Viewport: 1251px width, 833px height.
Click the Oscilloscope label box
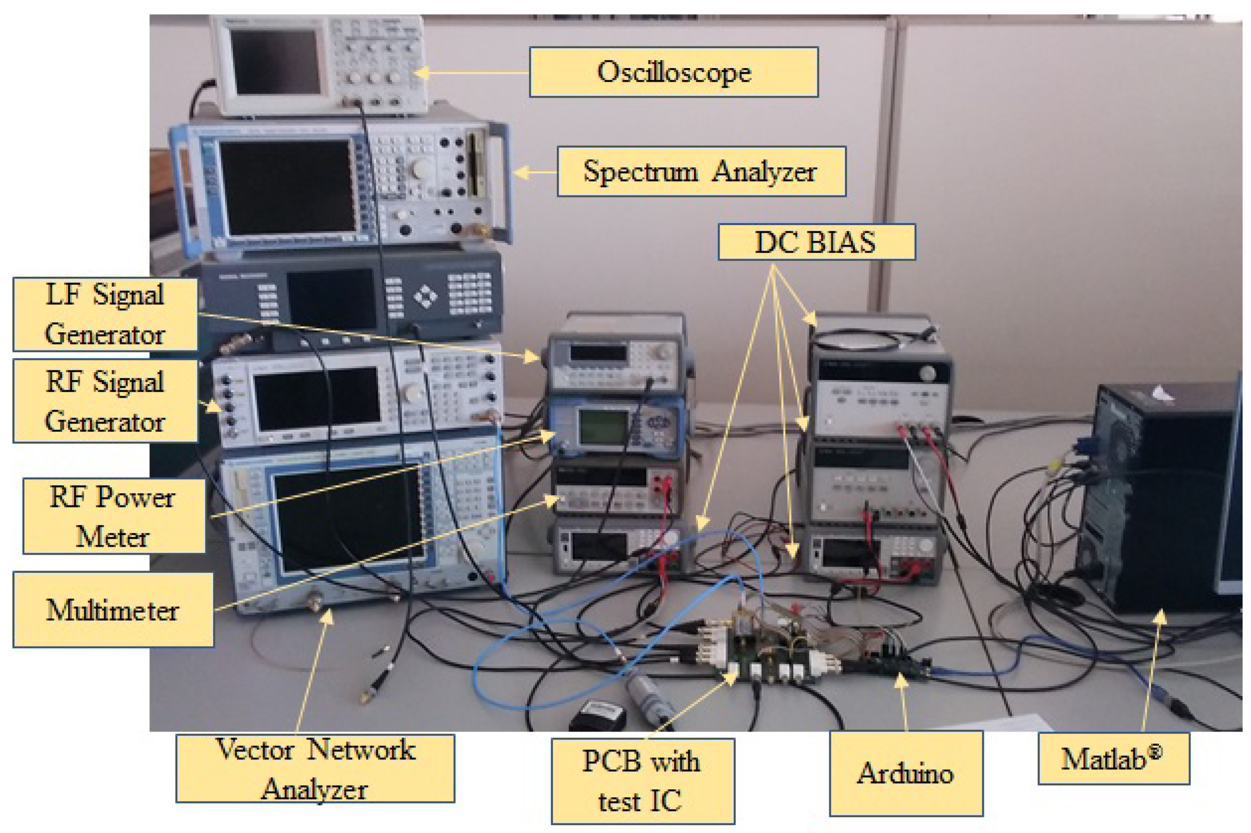click(673, 72)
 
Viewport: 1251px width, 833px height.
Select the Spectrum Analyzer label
click(701, 172)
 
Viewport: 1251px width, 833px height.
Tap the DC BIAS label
click(816, 242)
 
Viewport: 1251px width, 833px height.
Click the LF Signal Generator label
click(105, 315)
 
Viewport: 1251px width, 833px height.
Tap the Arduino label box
click(906, 773)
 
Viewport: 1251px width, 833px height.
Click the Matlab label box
click(1113, 759)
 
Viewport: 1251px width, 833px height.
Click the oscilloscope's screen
click(275, 61)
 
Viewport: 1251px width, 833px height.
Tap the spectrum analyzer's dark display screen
click(287, 187)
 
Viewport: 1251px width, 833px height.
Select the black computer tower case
click(1158, 505)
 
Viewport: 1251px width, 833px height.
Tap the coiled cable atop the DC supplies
click(871, 339)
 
